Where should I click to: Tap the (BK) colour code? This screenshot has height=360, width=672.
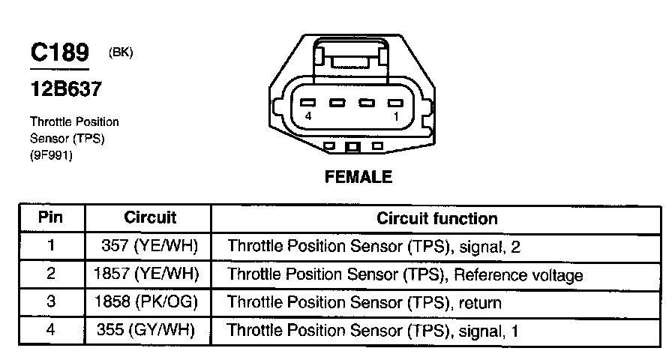point(121,52)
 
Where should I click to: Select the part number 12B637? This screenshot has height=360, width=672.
point(66,88)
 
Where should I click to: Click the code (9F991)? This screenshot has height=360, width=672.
point(51,156)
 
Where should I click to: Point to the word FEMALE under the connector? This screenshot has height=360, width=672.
point(358,178)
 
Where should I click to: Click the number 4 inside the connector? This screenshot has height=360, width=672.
point(308,118)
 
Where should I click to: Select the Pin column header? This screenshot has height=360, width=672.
point(51,218)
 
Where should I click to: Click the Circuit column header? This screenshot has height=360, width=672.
point(150,218)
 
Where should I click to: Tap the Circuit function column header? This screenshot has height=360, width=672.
point(436,219)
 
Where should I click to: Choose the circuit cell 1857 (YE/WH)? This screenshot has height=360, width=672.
point(147,274)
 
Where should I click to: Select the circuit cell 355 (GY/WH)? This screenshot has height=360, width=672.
point(147,330)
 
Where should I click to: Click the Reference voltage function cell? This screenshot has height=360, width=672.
point(404,275)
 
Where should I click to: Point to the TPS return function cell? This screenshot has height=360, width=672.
point(364,303)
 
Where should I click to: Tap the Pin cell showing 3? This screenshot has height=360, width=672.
point(51,302)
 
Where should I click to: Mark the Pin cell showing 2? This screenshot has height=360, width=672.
point(51,274)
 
